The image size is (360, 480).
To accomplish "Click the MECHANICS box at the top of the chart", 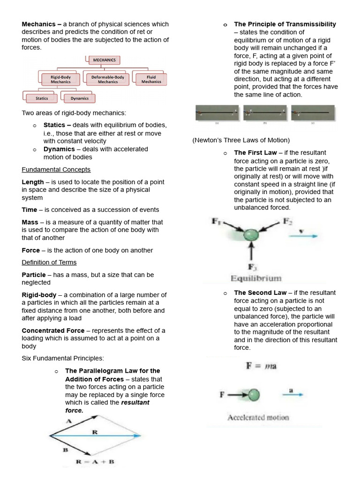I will (104, 60).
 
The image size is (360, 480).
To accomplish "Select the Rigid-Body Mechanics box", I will (60, 79).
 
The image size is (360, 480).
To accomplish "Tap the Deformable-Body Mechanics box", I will (108, 79).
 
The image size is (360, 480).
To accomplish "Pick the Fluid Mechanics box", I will (151, 79).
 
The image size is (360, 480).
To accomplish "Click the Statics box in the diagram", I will (42, 98).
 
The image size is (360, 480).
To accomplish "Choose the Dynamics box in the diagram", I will (80, 98).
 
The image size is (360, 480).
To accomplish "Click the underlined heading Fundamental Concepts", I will (56, 169).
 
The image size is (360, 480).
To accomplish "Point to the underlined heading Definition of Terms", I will (49, 262).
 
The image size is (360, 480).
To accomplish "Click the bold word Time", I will (30, 210).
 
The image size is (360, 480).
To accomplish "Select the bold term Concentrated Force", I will (53, 330).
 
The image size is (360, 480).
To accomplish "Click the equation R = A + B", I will (95, 462).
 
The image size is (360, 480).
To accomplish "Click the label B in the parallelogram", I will (65, 450).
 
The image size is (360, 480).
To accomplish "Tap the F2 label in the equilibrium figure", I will (287, 221).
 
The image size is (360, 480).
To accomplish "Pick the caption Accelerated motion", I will (258, 417).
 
